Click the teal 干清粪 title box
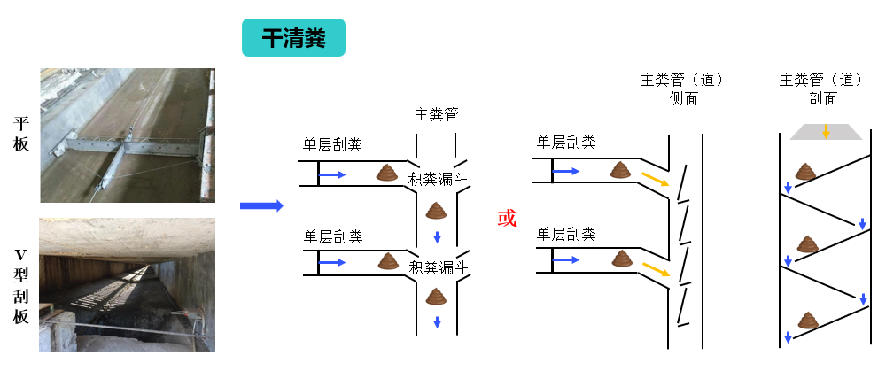tap(293, 37)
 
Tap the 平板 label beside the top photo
tap(20, 135)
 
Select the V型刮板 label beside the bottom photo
tap(20, 286)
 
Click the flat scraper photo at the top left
tap(128, 135)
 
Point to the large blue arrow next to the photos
tap(261, 206)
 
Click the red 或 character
tap(506, 218)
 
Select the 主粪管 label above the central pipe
tap(436, 115)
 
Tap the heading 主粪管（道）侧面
tap(682, 89)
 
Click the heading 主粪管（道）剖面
tap(822, 89)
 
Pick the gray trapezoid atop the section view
tap(826, 132)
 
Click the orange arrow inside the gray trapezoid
tap(826, 132)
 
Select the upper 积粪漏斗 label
tap(438, 179)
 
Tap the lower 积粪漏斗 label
tap(438, 267)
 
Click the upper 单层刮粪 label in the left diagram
tap(332, 145)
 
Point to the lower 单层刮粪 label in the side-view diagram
tap(566, 234)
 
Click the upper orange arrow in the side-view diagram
tap(655, 179)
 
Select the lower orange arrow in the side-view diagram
tap(655, 269)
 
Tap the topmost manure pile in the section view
tap(805, 171)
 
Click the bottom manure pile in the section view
tap(807, 320)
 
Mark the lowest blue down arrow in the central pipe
tap(438, 323)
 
